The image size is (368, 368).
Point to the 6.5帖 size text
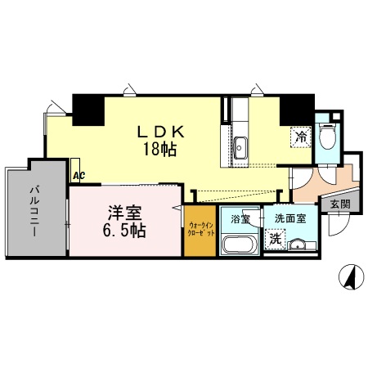pos(124,231)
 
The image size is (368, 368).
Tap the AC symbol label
pos(79,174)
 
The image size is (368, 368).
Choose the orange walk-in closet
pos(201,232)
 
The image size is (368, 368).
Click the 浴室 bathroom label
pos(240,219)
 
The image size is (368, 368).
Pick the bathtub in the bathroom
pos(240,245)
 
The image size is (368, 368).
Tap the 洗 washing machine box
pos(275,242)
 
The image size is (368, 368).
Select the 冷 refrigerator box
pos(301,138)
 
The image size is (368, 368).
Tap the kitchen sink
pos(241,149)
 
